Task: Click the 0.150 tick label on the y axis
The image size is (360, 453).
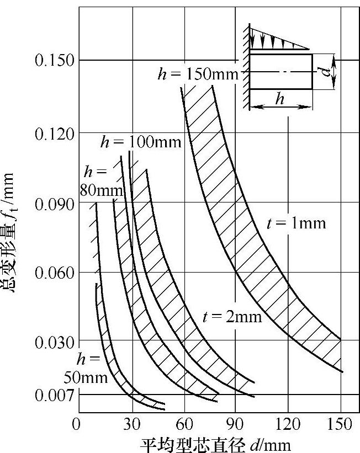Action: point(55,60)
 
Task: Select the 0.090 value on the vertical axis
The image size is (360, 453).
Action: point(55,204)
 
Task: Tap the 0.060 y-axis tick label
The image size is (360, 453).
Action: point(55,273)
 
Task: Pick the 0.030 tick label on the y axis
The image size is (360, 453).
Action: point(55,343)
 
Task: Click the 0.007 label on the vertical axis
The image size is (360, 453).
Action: point(55,396)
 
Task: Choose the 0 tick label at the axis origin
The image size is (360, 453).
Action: point(76,425)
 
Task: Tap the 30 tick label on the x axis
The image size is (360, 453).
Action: point(132,425)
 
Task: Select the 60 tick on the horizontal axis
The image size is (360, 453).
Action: point(184,425)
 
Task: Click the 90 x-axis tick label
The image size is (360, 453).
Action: point(235,425)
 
